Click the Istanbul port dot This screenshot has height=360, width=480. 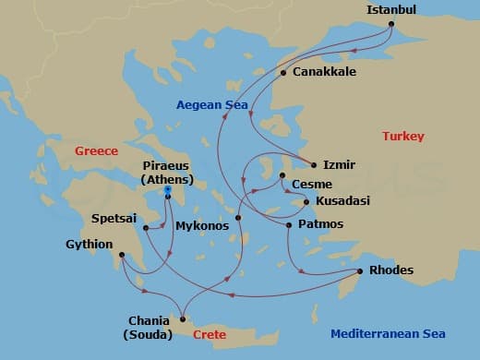click(x=391, y=24)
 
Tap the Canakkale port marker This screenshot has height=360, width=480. click(x=283, y=72)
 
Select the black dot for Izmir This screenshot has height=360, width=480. click(x=314, y=165)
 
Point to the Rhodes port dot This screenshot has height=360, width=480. click(x=359, y=270)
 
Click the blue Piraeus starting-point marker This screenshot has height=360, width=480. click(x=168, y=190)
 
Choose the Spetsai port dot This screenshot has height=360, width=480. click(x=146, y=227)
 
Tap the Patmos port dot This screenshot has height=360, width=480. click(x=289, y=225)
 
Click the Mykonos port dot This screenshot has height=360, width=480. click(x=238, y=218)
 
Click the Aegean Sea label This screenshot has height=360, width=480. click(x=213, y=105)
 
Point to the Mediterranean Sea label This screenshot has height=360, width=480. click(x=388, y=334)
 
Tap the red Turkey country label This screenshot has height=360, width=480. click(x=402, y=137)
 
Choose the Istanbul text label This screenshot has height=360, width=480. click(x=391, y=9)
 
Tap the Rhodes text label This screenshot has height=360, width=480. click(x=390, y=270)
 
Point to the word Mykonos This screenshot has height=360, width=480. click(x=198, y=224)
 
